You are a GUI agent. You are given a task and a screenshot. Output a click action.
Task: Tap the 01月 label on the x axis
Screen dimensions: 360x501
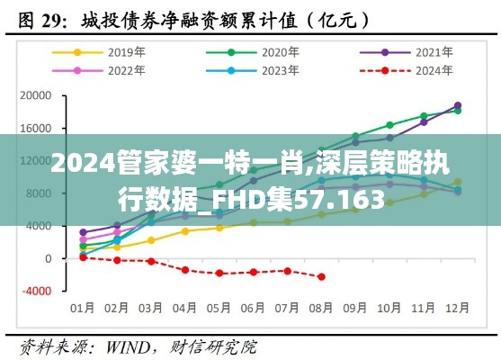click(x=82, y=308)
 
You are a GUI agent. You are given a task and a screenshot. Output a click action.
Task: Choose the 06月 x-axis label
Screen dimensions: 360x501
click(x=253, y=308)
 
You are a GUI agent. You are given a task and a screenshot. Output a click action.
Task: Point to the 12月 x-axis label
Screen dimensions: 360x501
click(x=458, y=308)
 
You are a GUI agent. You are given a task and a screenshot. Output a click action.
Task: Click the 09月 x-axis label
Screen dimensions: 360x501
click(x=355, y=308)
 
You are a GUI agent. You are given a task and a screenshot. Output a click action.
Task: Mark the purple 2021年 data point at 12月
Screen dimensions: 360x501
click(x=458, y=105)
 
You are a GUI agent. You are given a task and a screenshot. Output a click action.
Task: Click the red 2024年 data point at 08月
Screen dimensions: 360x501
click(x=321, y=277)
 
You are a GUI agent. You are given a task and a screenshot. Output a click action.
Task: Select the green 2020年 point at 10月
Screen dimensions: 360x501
click(x=389, y=125)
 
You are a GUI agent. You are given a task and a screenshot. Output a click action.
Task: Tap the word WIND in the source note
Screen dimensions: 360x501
click(x=130, y=345)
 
